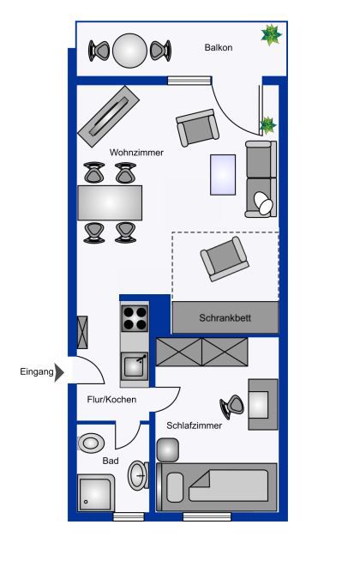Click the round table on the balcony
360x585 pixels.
129,51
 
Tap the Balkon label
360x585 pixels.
219,47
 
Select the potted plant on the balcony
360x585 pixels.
271,35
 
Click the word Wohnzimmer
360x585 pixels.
136,152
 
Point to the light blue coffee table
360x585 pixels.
223,175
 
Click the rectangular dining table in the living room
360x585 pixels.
110,202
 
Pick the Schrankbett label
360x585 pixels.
225,318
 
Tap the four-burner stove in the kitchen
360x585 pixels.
135,318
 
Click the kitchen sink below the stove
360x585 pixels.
135,366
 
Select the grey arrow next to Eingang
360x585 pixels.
59,372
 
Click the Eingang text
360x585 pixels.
37,372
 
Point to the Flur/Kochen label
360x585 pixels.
111,399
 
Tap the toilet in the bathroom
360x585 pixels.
91,443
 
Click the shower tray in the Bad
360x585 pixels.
96,493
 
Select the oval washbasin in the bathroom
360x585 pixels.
138,475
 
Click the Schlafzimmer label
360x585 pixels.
195,425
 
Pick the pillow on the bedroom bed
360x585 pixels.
175,487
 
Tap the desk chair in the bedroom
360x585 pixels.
231,407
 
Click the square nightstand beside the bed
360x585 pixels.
168,450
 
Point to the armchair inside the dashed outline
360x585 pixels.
225,258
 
